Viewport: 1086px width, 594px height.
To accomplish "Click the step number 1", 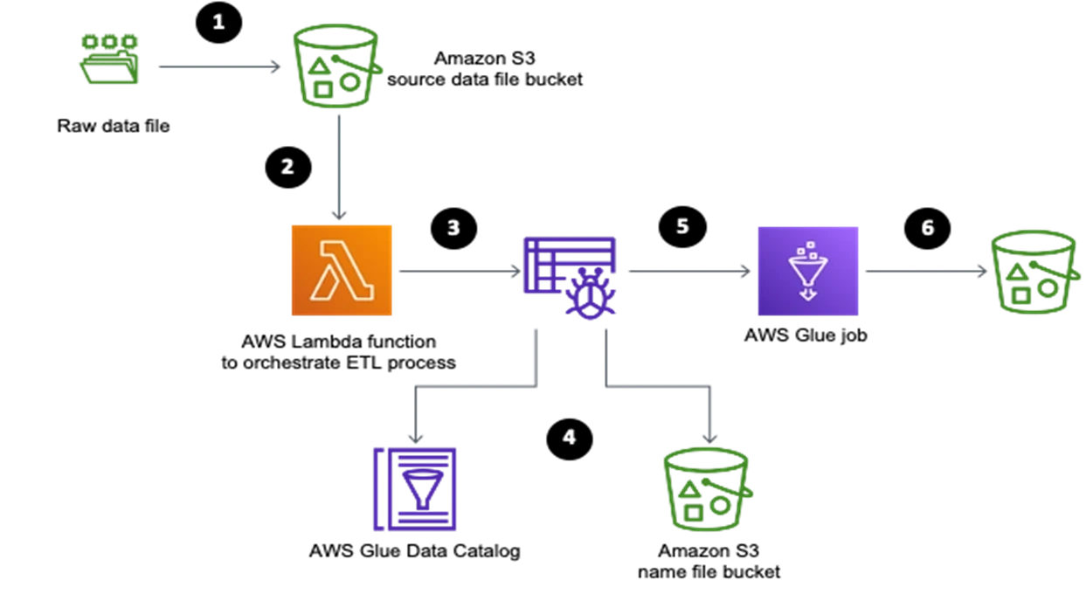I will (x=218, y=22).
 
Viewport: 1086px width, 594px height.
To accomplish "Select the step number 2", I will (x=287, y=166).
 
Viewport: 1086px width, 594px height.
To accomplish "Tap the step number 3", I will (x=453, y=228).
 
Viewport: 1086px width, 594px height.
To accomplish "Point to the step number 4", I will (x=569, y=437).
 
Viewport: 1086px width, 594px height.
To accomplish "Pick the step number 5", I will (x=682, y=226).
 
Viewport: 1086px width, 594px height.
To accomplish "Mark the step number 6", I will (x=928, y=228).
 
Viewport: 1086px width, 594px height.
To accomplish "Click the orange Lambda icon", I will (x=342, y=271).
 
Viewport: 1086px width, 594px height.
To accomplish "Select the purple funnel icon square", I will (x=807, y=271).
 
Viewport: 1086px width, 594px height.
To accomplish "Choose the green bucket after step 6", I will (x=1034, y=273).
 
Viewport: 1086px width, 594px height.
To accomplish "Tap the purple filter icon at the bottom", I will (x=415, y=489).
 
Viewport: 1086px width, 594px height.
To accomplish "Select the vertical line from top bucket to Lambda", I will (x=338, y=166).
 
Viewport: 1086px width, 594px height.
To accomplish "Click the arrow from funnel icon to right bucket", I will (x=923, y=273).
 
